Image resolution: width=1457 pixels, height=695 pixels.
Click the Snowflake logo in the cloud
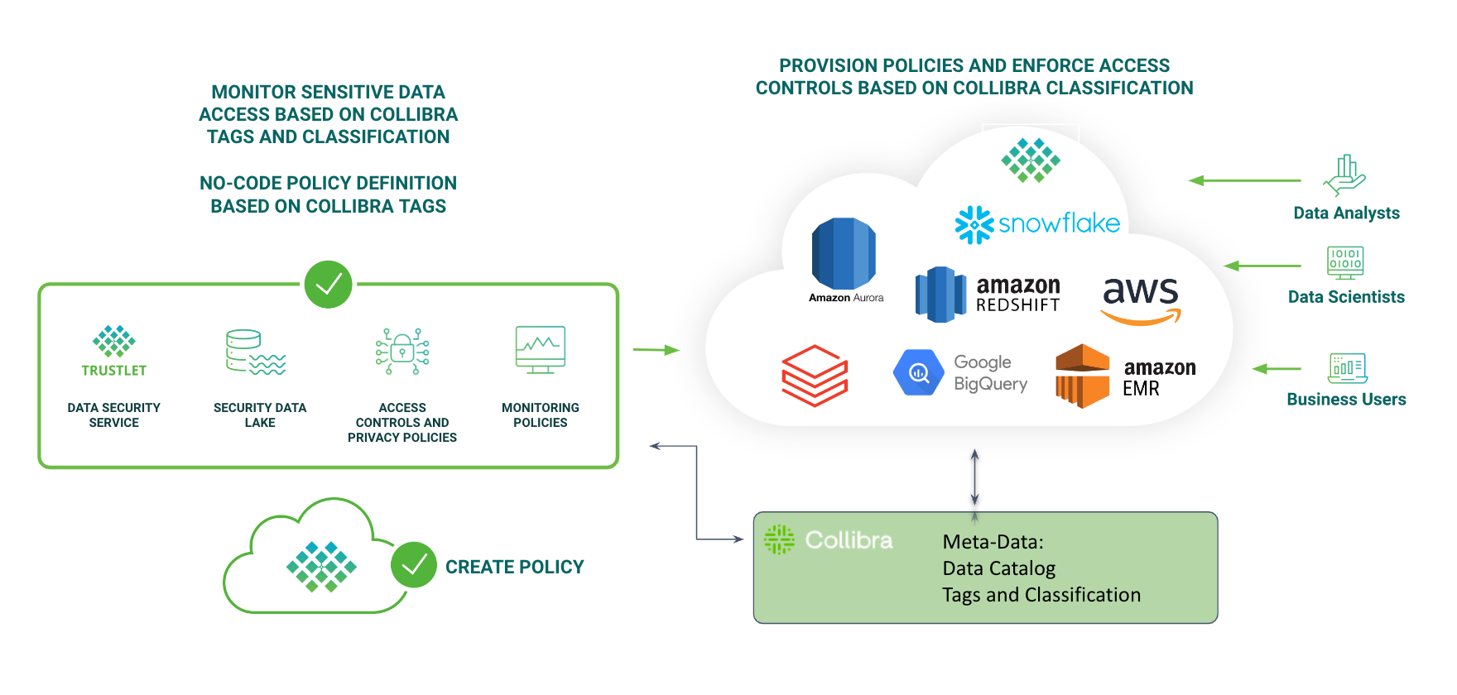tap(1036, 223)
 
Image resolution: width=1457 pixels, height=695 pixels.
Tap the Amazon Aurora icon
tap(844, 254)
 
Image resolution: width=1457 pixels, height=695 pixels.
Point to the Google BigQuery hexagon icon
tap(919, 372)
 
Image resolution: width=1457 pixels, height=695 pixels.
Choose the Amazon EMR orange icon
tap(1082, 376)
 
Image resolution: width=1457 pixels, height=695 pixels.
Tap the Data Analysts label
tap(1346, 213)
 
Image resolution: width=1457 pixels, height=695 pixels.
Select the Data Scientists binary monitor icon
tap(1345, 262)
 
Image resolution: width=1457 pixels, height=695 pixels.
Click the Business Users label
tap(1346, 400)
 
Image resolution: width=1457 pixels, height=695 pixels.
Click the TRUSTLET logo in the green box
tap(114, 351)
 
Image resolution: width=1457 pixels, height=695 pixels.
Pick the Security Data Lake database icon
tap(255, 352)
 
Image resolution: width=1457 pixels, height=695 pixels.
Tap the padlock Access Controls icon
tap(402, 351)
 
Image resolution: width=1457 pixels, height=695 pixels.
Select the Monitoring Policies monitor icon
tap(540, 349)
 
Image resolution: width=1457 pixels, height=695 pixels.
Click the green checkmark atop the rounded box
tap(329, 285)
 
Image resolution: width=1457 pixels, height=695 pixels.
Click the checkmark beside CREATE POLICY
tap(414, 565)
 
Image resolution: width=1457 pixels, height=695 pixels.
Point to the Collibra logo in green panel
tap(828, 540)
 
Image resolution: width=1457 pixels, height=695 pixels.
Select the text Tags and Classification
tap(1041, 595)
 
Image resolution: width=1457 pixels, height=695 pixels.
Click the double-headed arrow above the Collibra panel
tap(975, 477)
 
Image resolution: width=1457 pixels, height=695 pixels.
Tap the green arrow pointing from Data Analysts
tap(1244, 180)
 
